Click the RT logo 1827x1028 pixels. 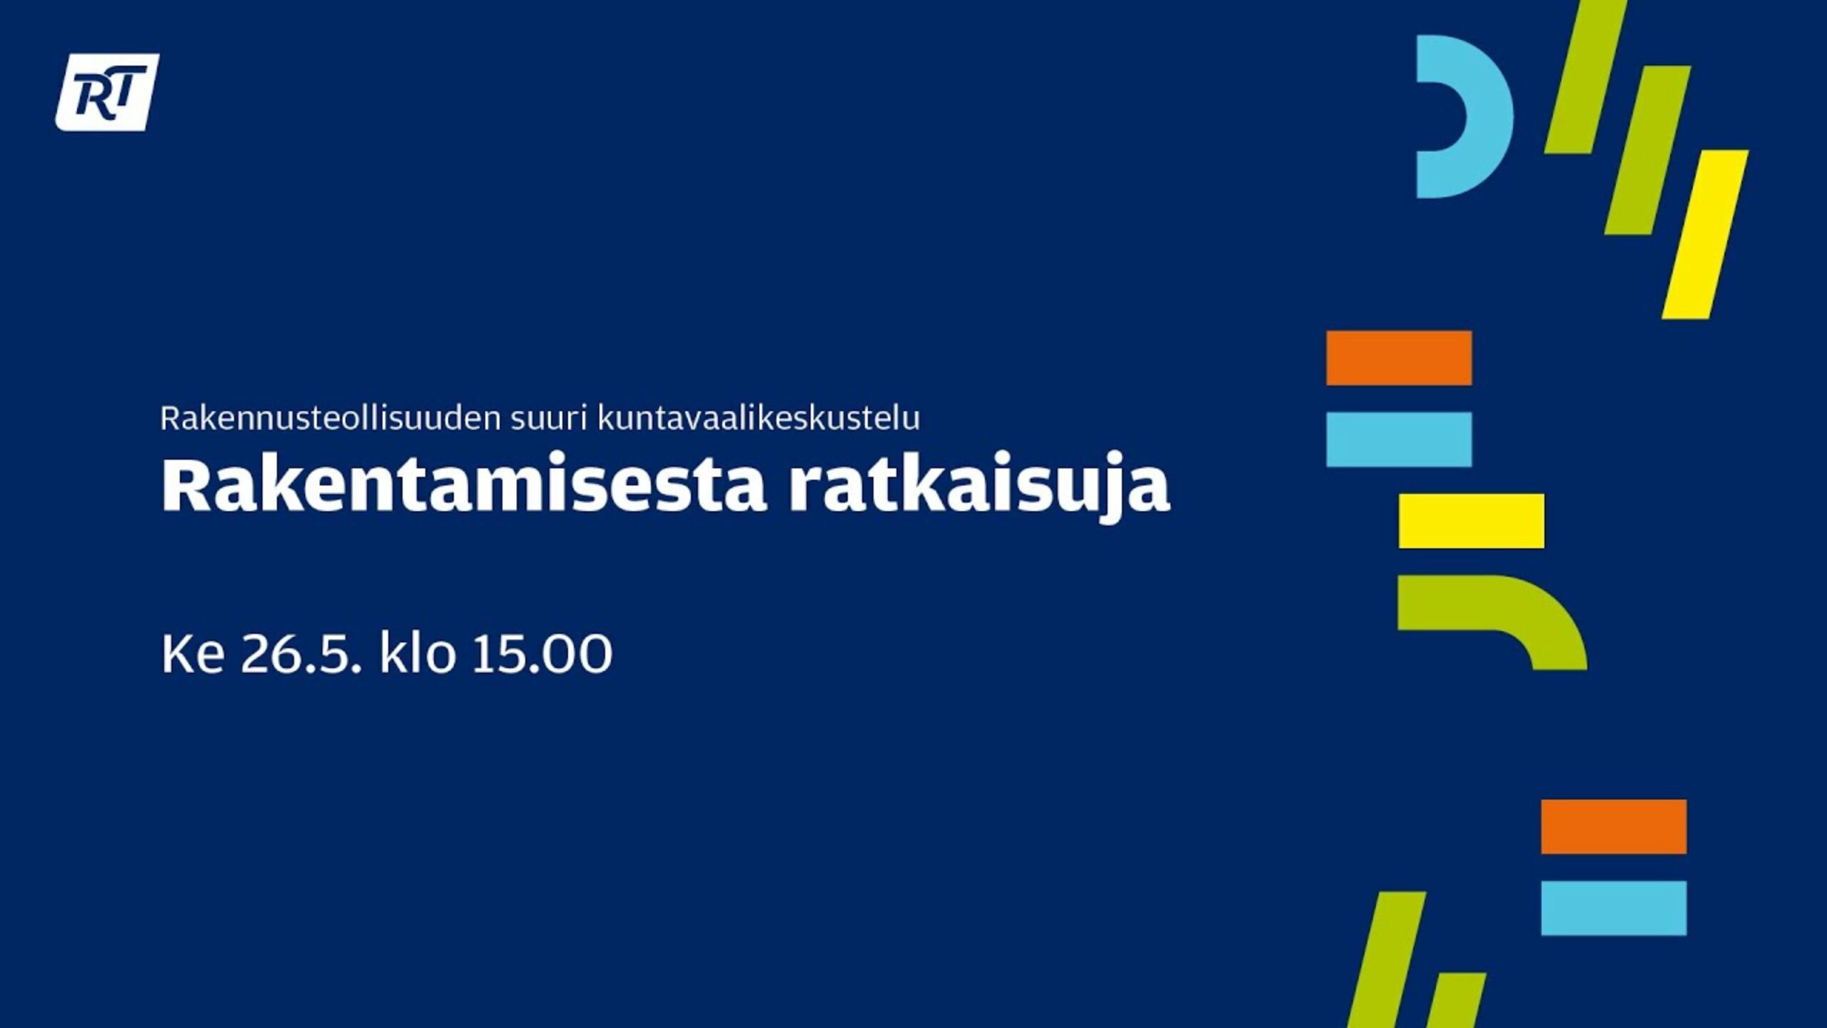tap(108, 93)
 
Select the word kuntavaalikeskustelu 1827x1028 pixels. tap(759, 418)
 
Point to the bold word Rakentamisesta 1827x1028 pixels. tap(464, 485)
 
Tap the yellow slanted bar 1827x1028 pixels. tap(1705, 234)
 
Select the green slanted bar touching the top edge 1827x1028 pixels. tap(1584, 76)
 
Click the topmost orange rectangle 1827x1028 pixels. tap(1399, 358)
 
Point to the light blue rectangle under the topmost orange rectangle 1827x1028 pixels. tap(1399, 439)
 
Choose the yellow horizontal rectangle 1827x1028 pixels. tap(1472, 520)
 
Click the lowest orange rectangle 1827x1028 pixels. tap(1614, 827)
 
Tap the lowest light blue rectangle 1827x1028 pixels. tap(1614, 908)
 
